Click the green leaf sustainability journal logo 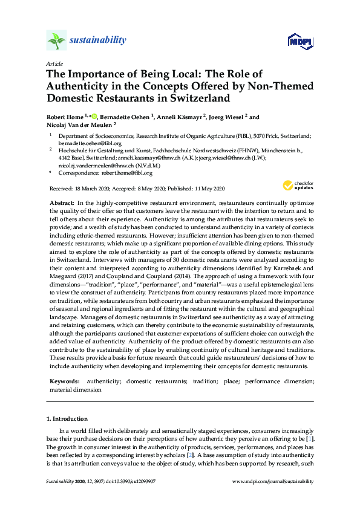[56, 41]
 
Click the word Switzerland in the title [198, 97]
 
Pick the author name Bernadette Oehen [125, 117]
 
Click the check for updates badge [298, 186]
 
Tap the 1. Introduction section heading [67, 418]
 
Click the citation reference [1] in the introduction [310, 437]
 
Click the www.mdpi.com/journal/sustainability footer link [273, 481]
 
